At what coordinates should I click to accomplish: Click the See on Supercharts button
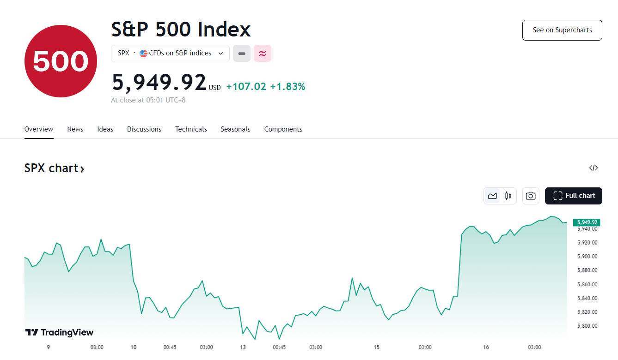point(562,30)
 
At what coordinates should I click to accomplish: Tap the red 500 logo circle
point(61,61)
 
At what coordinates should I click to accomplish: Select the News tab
point(75,129)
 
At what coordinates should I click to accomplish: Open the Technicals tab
point(191,129)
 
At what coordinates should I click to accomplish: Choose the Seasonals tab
point(235,129)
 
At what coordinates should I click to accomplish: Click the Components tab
point(283,129)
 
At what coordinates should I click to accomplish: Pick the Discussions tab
point(144,129)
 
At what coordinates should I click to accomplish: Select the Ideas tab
point(105,129)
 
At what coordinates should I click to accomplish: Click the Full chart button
point(574,196)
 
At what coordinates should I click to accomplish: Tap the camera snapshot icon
point(531,196)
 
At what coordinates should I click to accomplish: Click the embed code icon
point(594,168)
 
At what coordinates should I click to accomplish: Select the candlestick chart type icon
point(508,196)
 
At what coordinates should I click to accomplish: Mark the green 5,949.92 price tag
point(587,222)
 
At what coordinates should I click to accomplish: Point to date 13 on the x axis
point(243,347)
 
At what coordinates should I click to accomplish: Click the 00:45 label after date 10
point(170,347)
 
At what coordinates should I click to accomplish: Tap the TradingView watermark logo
point(59,332)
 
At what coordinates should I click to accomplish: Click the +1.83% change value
point(288,86)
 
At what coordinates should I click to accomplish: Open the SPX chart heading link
point(55,168)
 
